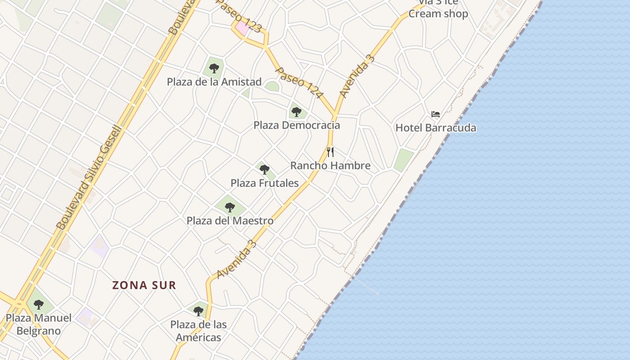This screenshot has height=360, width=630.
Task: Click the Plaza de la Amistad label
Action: coord(214,82)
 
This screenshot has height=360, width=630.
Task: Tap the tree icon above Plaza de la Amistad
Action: coord(214,68)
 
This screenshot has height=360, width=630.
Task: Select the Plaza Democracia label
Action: coord(297,125)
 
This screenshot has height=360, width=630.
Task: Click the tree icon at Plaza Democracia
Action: coord(296,112)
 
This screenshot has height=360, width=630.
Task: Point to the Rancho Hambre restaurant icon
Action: coord(330,152)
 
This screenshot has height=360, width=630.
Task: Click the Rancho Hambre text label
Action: coord(330,166)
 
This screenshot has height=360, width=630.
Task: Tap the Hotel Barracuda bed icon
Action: coord(435,114)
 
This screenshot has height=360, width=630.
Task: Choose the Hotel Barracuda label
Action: coord(435,128)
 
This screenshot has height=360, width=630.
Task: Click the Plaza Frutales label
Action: coord(265,183)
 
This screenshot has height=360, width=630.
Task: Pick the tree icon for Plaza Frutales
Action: coord(265,170)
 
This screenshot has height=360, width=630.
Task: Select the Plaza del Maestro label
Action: coord(230,221)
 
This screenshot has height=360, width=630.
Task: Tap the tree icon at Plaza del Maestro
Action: coord(230,207)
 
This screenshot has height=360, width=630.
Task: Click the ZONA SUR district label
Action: coord(144,285)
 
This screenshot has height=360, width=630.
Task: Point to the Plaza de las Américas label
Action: coord(198,331)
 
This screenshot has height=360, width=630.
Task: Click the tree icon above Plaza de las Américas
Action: coord(198,311)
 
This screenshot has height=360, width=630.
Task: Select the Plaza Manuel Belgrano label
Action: coord(39,324)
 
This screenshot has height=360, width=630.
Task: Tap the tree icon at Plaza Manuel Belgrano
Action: coord(39,305)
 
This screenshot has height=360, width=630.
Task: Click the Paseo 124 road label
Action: coord(299,83)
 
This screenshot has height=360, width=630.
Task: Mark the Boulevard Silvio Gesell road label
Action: coord(89,178)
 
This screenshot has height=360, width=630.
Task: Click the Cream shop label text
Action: coord(438,13)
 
